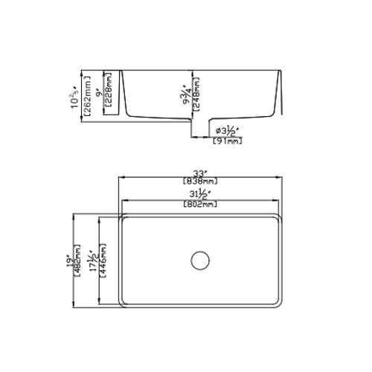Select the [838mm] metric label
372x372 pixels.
[199, 181]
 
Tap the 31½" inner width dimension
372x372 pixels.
[199, 196]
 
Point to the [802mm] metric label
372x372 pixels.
[199, 205]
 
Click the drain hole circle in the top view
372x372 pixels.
[199, 260]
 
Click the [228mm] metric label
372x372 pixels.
[109, 89]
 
